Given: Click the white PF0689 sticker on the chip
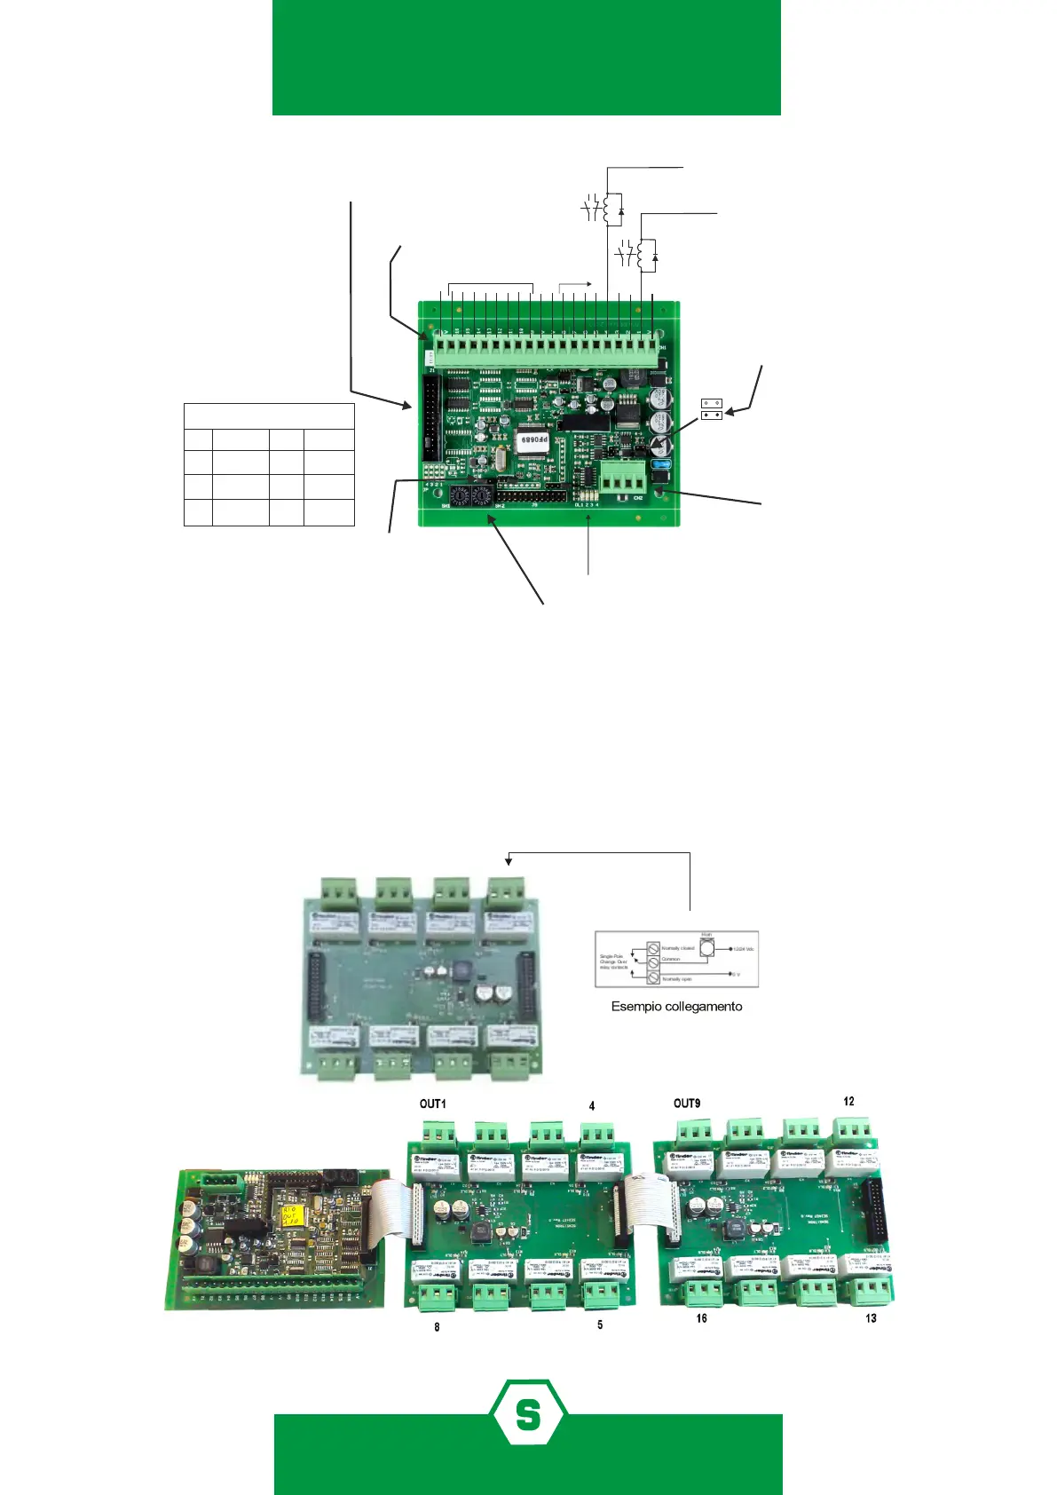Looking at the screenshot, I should point(534,439).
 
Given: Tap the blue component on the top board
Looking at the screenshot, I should point(659,463).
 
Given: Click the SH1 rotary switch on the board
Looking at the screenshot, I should point(461,494).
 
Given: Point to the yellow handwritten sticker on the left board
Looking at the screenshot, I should point(289,1215).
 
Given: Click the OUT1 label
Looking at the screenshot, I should point(432,1103).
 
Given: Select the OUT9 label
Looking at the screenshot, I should point(686,1103).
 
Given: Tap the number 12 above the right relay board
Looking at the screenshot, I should point(848,1102).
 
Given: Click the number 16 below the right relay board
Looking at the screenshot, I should point(701,1318).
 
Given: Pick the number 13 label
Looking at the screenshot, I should point(871,1318).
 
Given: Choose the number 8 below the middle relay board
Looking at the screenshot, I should point(437,1327).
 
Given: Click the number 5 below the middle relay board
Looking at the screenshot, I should point(600,1325).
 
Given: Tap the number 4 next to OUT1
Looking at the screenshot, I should point(592,1106).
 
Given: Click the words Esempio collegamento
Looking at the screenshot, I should point(676,1007).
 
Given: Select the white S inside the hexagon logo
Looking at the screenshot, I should point(528,1413).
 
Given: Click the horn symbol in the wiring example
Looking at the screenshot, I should point(706,948).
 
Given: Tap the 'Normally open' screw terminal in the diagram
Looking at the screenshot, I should point(653,977).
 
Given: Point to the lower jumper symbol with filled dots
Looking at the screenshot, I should point(712,415).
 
